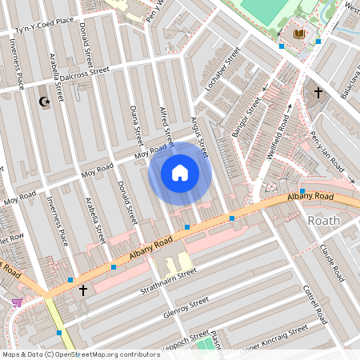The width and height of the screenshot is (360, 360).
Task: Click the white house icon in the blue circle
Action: coord(180,172)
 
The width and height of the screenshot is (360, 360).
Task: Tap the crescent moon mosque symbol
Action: coord(44,102)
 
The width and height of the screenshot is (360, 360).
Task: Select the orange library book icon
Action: coord(300,34)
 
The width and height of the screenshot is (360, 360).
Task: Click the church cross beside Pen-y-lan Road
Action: coord(318,93)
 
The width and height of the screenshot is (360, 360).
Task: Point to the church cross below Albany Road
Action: coord(82,290)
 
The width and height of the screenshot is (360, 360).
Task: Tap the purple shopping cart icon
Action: coord(17,302)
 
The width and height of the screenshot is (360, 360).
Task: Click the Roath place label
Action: coord(323,220)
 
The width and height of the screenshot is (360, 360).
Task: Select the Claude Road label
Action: coord(331,263)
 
